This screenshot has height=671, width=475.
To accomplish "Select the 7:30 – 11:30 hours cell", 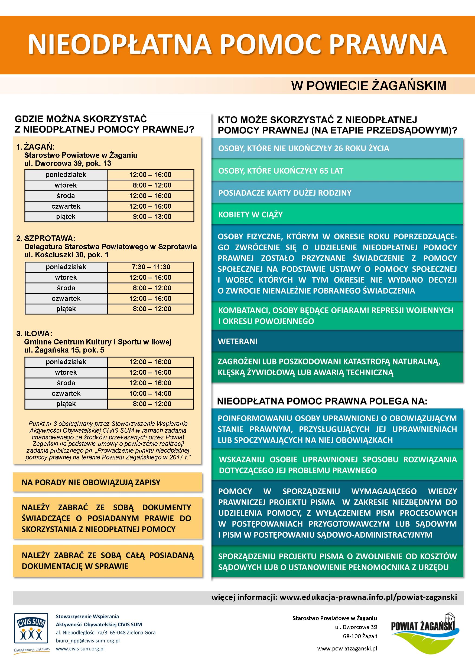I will point(150,267).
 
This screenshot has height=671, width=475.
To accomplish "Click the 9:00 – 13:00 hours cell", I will point(150,216).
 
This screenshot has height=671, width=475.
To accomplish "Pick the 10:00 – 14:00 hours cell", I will point(150,393).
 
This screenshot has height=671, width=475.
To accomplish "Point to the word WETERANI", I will point(237,341).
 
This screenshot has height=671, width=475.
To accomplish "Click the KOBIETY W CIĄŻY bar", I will point(337,215).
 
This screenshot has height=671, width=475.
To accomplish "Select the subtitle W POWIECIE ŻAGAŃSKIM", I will point(369,85).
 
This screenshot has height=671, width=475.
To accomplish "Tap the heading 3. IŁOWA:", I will point(34,333).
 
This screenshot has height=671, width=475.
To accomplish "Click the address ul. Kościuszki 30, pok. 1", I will point(66,255).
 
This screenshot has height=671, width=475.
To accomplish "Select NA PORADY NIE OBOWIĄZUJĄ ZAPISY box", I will point(107,482).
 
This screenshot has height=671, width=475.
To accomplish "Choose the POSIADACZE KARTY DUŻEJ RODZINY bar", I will point(337,193).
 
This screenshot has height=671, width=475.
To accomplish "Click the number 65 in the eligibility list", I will point(324,171).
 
